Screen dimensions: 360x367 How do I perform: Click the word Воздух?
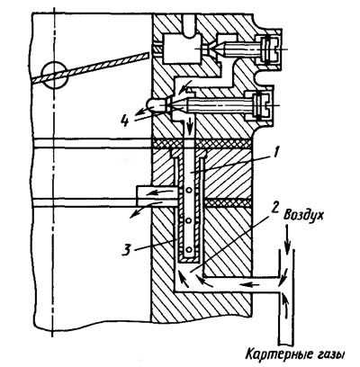point(303,216)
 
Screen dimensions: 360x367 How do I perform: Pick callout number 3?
point(127,250)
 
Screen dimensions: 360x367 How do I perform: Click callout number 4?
point(126,121)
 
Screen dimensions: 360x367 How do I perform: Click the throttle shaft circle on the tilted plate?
point(55,75)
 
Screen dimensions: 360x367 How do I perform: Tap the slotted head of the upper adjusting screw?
point(268,49)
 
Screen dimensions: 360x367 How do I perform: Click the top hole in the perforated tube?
point(188,190)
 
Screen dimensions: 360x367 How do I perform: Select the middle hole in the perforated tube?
point(188,221)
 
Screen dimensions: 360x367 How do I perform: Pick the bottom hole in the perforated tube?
point(188,249)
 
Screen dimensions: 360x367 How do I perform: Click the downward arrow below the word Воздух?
point(288,237)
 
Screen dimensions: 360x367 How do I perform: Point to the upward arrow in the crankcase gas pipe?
point(286,307)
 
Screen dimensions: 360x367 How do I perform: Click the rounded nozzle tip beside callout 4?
point(157,105)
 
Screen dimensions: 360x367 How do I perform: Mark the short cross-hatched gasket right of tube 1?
point(227,202)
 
